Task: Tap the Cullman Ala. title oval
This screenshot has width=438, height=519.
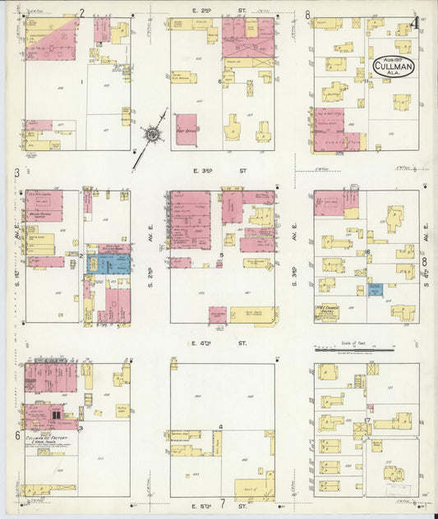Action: click(x=394, y=65)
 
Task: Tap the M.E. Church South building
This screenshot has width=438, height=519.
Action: click(x=326, y=311)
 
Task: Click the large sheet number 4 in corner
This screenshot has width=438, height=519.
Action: click(x=417, y=22)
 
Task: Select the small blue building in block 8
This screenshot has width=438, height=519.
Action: click(x=376, y=289)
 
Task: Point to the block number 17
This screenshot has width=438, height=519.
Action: click(x=369, y=421)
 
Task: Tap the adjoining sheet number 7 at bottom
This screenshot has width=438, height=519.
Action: click(x=222, y=502)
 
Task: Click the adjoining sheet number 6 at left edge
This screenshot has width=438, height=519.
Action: click(x=16, y=435)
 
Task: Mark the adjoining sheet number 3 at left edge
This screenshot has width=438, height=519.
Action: click(x=16, y=173)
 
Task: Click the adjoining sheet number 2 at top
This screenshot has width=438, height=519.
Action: click(x=81, y=12)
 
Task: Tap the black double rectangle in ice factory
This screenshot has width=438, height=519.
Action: click(x=57, y=416)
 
